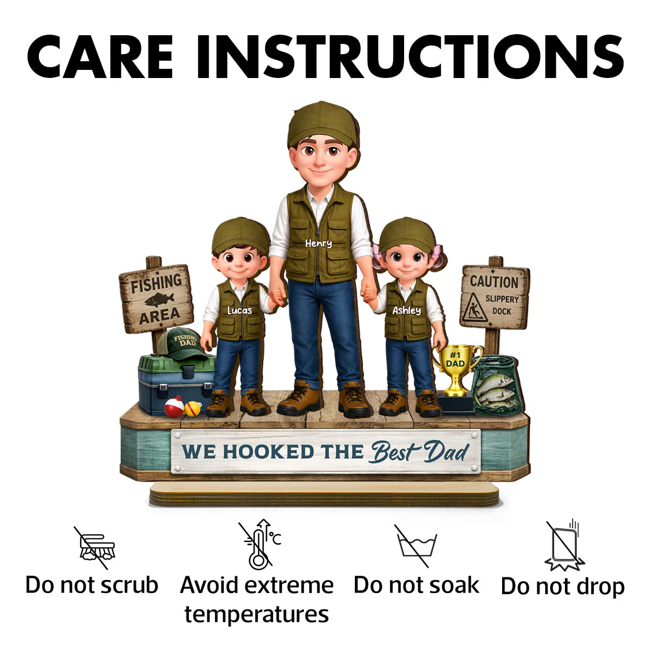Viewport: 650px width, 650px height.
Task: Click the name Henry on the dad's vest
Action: (x=318, y=244)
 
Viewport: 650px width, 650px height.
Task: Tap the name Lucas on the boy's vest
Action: (x=239, y=310)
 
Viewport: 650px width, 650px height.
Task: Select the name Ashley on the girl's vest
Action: (x=406, y=311)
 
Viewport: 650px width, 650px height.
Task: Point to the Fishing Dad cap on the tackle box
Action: (x=181, y=344)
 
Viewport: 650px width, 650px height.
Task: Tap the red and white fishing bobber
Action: (x=174, y=406)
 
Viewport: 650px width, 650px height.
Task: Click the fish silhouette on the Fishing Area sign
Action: (x=159, y=299)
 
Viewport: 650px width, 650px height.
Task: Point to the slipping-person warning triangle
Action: (x=475, y=308)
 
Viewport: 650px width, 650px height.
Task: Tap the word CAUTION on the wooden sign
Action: (x=494, y=282)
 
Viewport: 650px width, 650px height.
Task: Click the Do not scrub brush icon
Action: (x=96, y=548)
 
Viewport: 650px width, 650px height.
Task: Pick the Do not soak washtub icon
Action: (x=416, y=546)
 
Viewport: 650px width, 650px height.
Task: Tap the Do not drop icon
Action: (x=564, y=545)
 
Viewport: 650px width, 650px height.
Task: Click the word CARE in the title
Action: (x=100, y=57)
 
